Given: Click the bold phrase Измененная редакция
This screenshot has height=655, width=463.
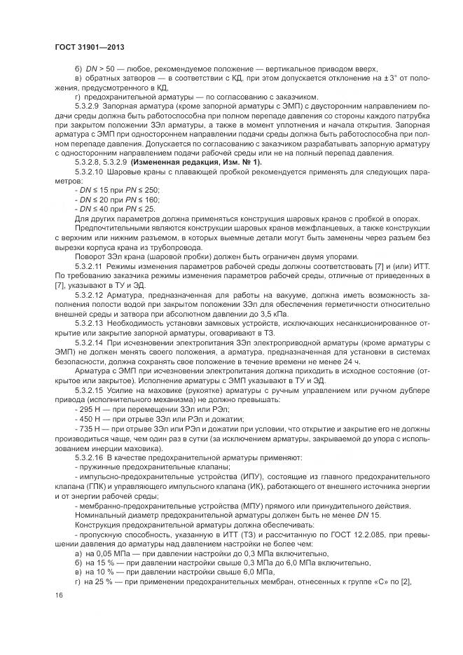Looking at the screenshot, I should tap(160, 162).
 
